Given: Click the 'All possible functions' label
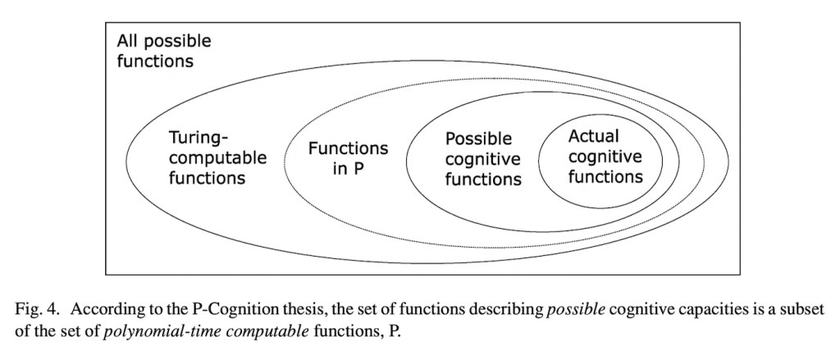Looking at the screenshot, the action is [164, 51].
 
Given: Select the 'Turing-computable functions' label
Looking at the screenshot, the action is [217, 157].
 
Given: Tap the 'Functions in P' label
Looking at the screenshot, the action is [348, 158].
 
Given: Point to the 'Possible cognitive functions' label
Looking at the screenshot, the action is [483, 158].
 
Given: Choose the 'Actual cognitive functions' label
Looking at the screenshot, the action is [605, 157].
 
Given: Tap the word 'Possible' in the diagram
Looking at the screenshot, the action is [478, 139].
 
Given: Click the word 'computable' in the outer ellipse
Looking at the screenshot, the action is [217, 158].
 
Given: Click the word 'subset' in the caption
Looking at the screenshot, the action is [801, 310].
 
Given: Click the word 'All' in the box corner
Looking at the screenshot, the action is [127, 41].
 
